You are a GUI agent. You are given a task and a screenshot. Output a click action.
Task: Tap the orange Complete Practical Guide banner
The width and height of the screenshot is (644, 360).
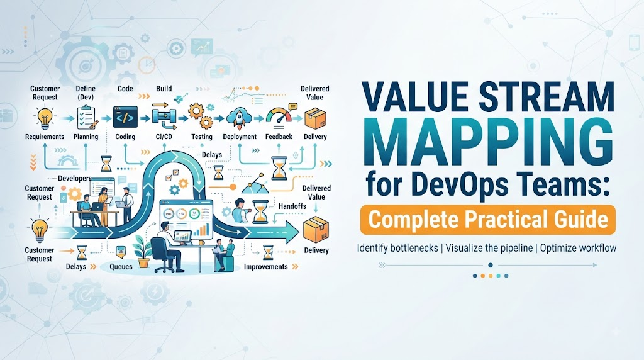click(x=488, y=220)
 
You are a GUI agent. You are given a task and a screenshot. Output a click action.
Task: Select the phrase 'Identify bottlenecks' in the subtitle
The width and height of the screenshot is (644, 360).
click(x=397, y=248)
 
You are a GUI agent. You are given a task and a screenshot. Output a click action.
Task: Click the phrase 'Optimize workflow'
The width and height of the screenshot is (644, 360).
click(x=579, y=248)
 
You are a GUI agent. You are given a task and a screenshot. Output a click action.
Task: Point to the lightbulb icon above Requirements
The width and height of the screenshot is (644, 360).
click(x=45, y=117)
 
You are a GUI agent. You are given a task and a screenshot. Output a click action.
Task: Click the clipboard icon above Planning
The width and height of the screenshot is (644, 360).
click(x=87, y=117)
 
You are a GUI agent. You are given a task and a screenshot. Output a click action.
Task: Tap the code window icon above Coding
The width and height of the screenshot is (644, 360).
click(x=125, y=116)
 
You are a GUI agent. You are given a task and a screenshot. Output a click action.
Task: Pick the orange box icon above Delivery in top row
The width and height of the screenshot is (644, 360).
click(x=315, y=118)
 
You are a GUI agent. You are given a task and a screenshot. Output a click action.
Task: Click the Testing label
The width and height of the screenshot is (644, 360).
click(x=202, y=137)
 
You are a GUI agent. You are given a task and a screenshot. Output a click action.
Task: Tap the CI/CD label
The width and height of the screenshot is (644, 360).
click(x=164, y=137)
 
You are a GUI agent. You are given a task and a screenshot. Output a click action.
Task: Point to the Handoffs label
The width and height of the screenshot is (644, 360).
click(x=292, y=206)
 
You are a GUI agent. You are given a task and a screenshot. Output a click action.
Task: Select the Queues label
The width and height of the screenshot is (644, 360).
click(x=121, y=267)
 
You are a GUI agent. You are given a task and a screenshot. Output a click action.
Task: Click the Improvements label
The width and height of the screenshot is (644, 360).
click(x=266, y=267)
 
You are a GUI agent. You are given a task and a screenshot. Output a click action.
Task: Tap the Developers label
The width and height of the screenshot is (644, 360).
click(x=74, y=178)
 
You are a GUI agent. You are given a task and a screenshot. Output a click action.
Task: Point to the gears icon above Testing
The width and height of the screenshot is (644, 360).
click(x=201, y=116)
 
